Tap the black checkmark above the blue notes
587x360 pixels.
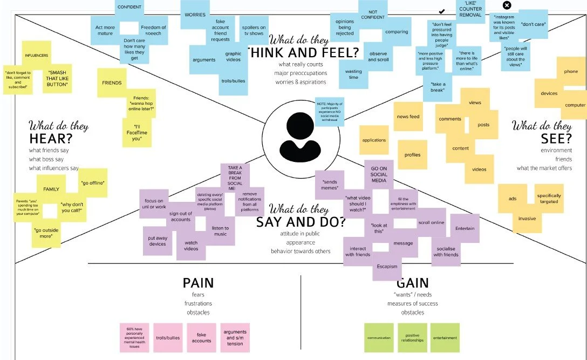coord(442,11)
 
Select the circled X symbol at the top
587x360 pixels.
coord(507,5)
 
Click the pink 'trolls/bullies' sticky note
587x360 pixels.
coord(168,337)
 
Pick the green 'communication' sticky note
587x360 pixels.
coord(379,337)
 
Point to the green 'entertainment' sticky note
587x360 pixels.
coord(445,337)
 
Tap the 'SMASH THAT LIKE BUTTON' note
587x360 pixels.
coord(57,79)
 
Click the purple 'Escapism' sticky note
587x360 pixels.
coord(387,266)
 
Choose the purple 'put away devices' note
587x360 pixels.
coord(158,240)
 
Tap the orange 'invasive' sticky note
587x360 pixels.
coord(527,219)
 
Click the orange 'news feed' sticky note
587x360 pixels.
coord(408,117)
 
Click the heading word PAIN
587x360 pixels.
coord(198,283)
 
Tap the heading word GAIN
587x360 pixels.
coord(412,283)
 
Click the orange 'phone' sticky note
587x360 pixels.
coord(571,71)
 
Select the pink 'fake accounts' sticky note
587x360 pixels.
coord(201,337)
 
